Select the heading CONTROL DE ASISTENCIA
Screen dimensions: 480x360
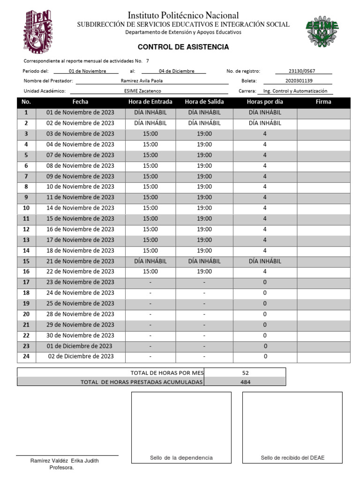(183, 47)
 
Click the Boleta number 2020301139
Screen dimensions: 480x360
(299, 81)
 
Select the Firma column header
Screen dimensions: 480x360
(323, 102)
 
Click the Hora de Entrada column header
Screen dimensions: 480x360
(150, 102)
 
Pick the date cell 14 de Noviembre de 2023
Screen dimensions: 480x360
(80, 208)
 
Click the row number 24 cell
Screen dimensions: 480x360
(26, 357)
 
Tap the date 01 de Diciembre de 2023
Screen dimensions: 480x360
(80, 346)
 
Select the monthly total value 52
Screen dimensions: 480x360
(245, 373)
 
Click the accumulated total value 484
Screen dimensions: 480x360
(245, 382)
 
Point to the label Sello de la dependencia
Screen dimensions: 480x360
(181, 458)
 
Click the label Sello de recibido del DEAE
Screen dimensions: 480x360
(292, 458)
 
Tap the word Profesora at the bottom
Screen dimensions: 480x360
(61, 468)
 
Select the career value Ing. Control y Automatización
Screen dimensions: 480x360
(295, 91)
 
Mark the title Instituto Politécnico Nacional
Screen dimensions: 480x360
(183, 15)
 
